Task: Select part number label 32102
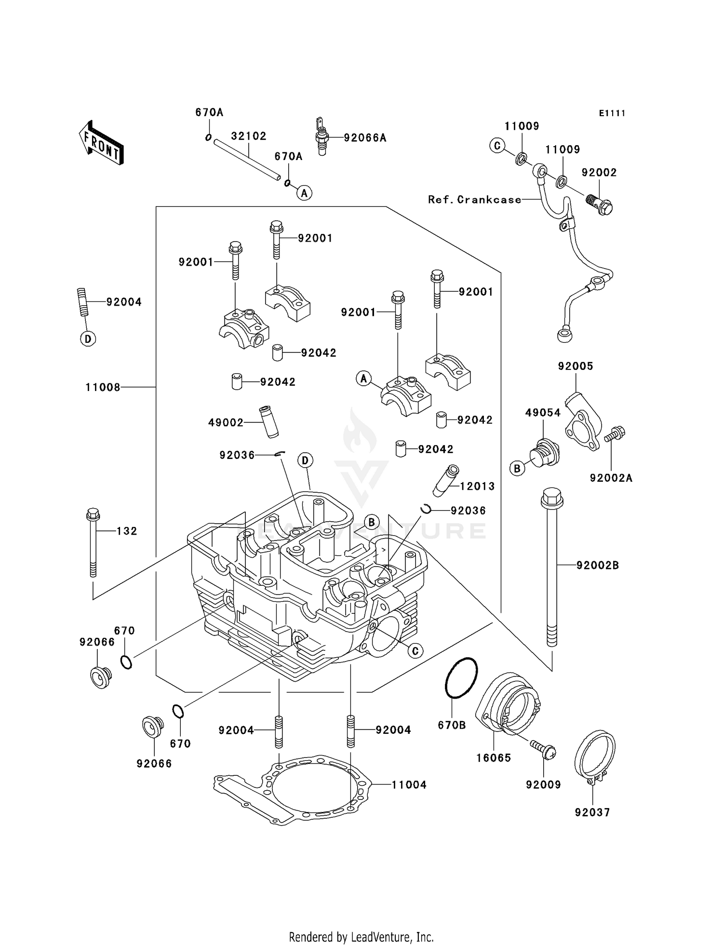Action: [x=248, y=136]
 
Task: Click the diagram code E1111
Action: [x=612, y=113]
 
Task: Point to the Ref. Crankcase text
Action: [x=474, y=200]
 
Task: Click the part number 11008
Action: [x=103, y=387]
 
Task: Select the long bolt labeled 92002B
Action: [x=552, y=569]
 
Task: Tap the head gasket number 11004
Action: [x=409, y=785]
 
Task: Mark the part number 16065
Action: [x=494, y=758]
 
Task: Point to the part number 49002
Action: [x=226, y=423]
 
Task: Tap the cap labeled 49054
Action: [x=544, y=453]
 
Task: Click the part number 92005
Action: [x=576, y=366]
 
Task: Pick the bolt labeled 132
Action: [x=93, y=542]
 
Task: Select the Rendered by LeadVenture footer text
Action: [x=361, y=937]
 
